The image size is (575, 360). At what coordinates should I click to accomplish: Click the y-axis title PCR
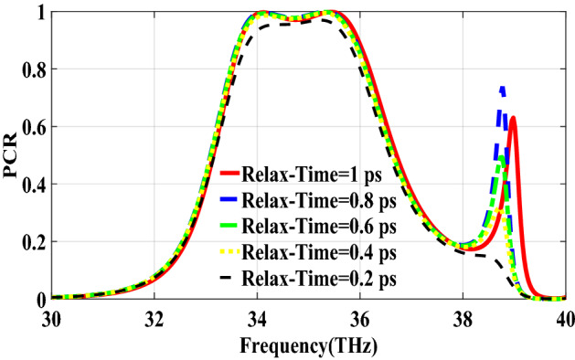12,154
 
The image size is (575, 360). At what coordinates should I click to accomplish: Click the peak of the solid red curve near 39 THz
514,117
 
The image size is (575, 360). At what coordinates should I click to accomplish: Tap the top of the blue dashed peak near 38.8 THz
502,88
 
